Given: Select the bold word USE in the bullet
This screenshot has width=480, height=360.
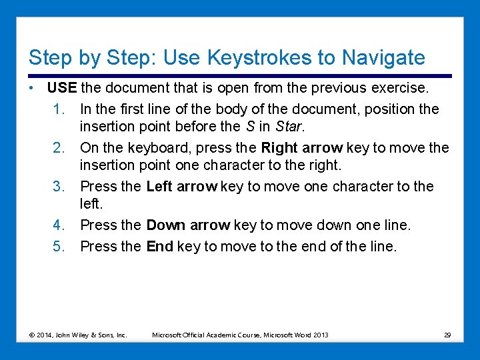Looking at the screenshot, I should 62,89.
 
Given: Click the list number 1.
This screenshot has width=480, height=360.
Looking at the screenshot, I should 59,109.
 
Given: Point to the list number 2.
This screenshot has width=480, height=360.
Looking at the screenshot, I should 59,147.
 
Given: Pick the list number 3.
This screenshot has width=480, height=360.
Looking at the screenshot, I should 59,186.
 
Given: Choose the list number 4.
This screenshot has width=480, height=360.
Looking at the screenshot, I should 59,225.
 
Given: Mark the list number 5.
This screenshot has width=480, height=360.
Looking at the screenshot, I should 59,247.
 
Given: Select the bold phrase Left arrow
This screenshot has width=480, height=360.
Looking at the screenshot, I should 181,186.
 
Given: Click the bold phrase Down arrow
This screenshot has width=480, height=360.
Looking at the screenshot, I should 188,225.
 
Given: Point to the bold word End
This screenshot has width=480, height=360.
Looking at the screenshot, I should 159,247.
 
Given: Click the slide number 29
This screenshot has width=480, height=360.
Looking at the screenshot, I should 447,335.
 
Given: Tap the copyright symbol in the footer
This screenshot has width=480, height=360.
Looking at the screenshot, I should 31,335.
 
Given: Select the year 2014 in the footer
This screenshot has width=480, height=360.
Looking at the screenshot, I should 45,335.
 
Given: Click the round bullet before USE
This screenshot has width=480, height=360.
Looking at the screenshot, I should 32,89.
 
